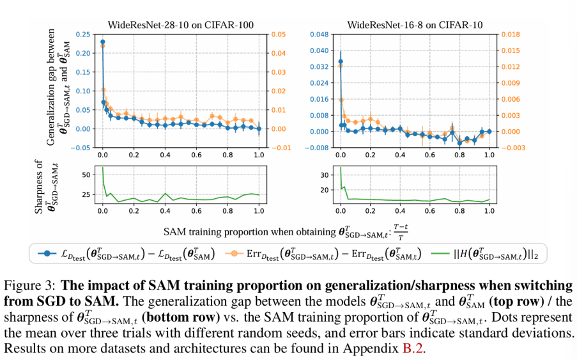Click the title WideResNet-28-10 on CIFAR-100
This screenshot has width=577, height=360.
[x=181, y=25]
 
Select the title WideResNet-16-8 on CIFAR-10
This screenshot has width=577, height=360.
[x=415, y=25]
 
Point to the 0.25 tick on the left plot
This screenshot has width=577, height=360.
[x=82, y=34]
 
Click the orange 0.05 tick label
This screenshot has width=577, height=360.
[x=277, y=34]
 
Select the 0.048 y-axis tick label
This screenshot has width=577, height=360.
[x=318, y=34]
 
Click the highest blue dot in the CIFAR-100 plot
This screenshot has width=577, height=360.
[x=103, y=42]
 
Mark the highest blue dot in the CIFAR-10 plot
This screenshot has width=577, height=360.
[x=340, y=62]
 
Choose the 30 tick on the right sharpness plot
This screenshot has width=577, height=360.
[x=323, y=175]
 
